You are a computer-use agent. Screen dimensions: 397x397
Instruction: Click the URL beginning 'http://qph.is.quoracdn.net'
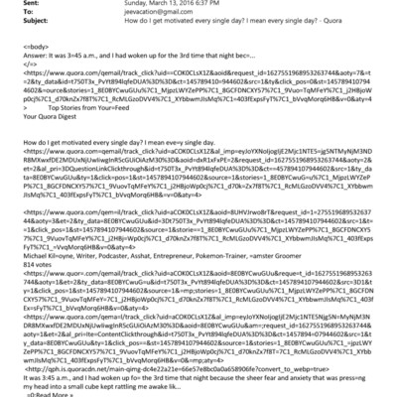click(179, 365)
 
